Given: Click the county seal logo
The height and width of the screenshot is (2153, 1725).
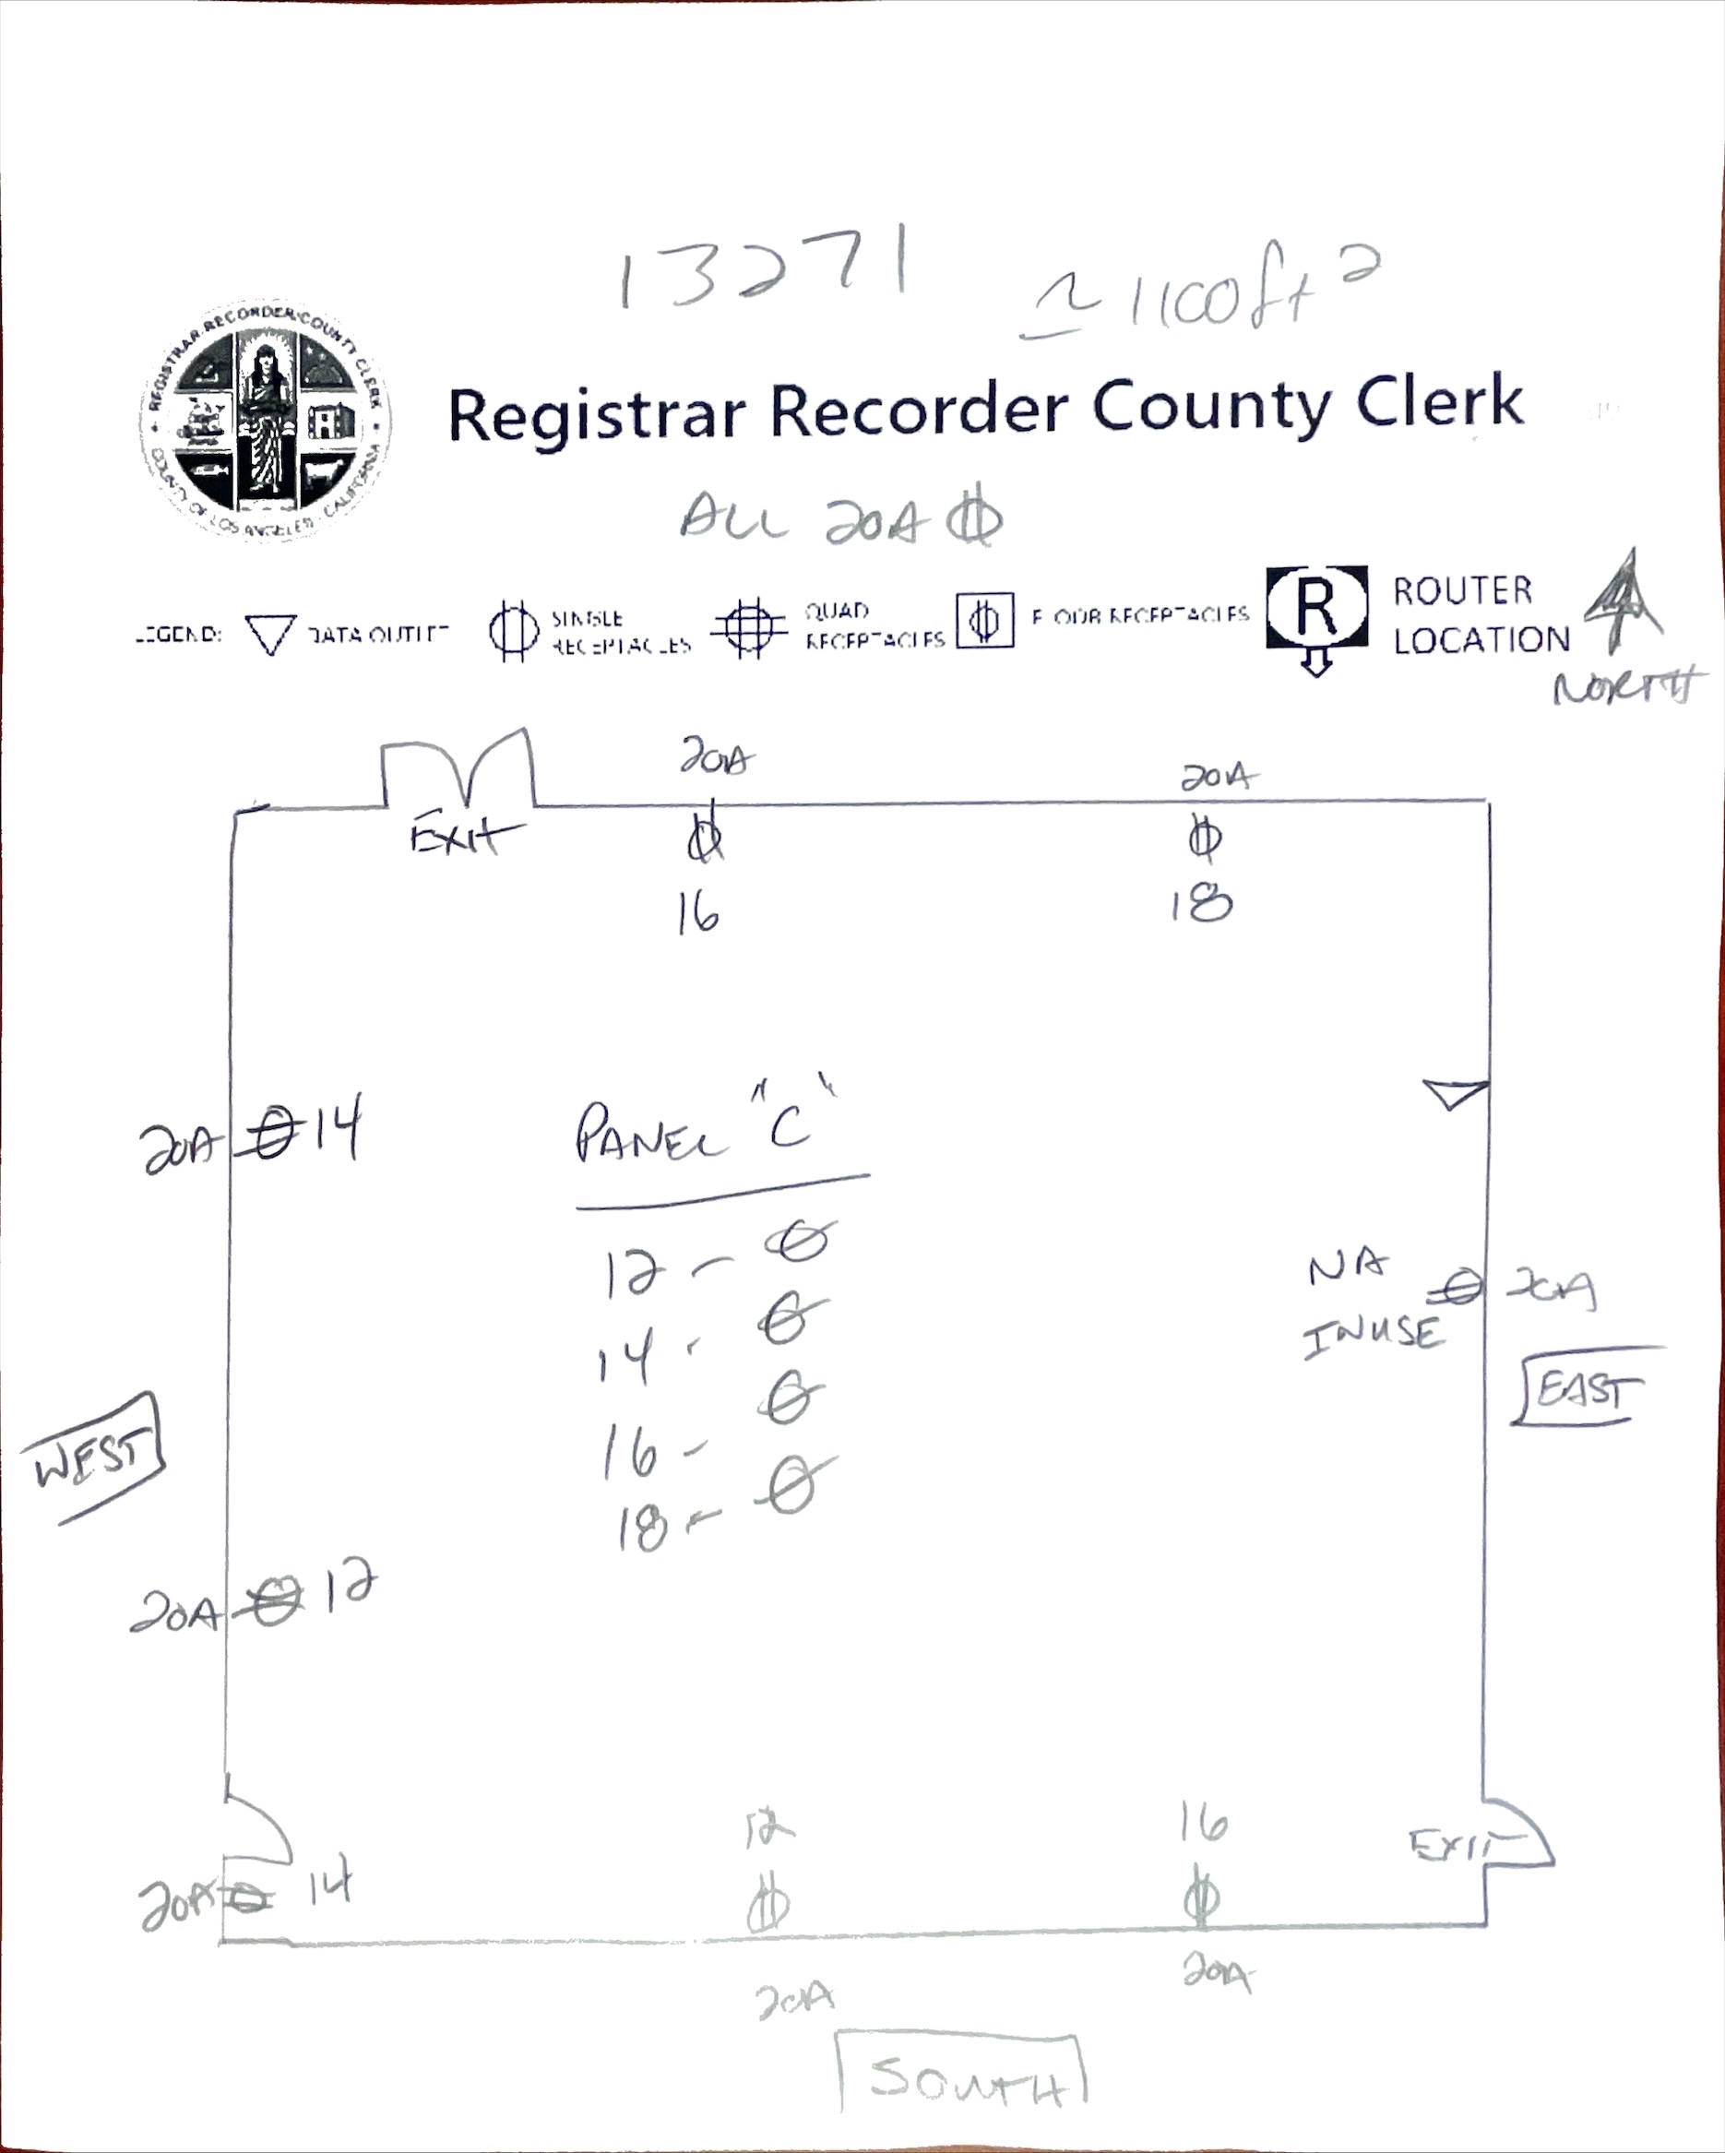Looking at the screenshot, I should (265, 421).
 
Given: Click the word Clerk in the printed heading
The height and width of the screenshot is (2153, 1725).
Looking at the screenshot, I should (1439, 403).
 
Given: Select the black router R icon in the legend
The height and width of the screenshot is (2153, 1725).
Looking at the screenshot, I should (1316, 609).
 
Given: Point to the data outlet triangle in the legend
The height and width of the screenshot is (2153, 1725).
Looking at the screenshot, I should (269, 633).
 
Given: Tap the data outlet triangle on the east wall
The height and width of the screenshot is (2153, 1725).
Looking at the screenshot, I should (1456, 1093).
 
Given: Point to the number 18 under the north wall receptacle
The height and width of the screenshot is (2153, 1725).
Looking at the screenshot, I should (1202, 905).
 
